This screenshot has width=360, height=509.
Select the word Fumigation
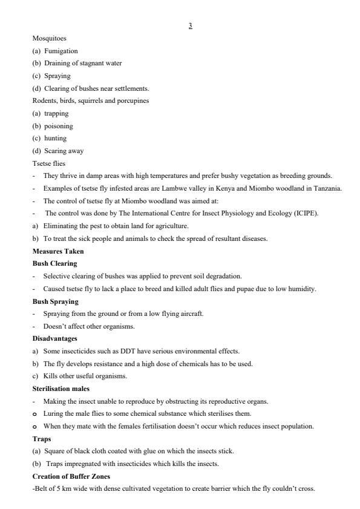coord(61,51)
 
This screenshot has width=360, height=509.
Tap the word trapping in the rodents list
coord(56,113)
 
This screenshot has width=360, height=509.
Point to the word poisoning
coord(58,126)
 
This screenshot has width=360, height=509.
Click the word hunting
coord(56,138)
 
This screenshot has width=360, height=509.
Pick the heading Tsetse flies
coord(45,163)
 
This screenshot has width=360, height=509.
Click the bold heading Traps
coord(41,439)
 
